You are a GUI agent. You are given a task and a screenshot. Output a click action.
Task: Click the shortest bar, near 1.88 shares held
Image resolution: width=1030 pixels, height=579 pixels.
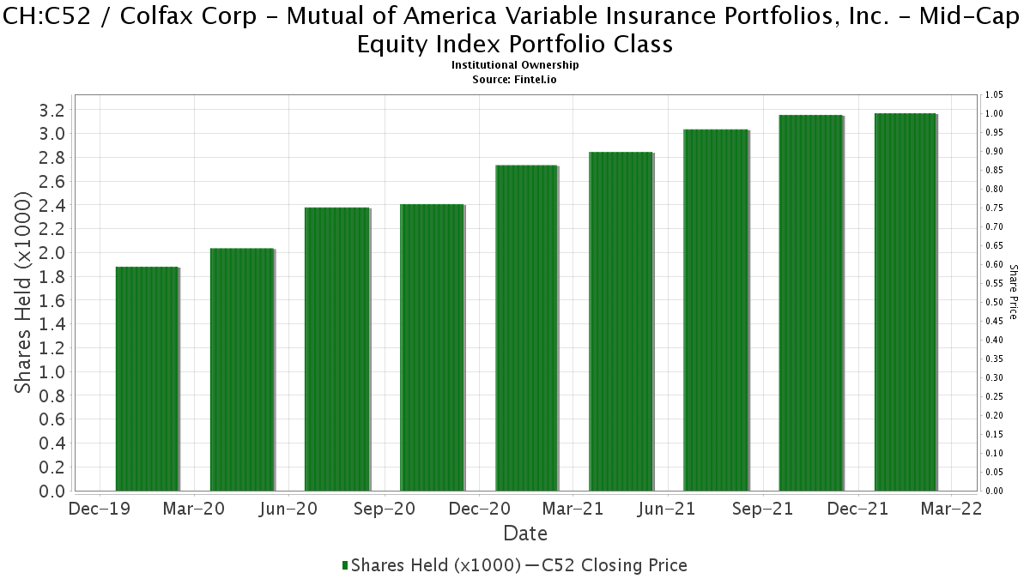point(147,379)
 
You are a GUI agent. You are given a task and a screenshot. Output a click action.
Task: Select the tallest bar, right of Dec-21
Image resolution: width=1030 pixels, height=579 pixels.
point(905,302)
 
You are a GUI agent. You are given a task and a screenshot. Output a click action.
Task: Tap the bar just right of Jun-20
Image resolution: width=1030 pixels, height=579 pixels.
point(336,349)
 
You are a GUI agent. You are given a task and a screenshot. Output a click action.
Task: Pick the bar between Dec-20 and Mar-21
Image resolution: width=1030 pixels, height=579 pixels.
point(526,328)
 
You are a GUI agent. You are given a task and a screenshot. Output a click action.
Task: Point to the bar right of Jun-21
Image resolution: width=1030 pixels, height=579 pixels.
point(716,310)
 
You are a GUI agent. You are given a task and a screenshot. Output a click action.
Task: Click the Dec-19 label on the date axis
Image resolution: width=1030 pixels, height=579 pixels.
point(99,509)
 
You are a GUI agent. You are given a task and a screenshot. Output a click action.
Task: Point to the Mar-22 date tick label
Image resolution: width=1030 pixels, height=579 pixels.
point(950,509)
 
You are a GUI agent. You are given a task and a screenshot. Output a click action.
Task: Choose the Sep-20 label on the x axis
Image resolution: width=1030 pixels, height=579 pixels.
point(383,509)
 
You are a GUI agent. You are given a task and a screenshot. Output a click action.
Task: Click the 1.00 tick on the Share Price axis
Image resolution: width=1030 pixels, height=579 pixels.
point(994,113)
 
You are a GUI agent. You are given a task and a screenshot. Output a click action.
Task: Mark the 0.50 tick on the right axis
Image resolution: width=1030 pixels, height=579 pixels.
point(994,302)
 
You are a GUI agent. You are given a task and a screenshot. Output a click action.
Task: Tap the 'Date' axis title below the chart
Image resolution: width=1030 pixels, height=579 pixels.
point(525,534)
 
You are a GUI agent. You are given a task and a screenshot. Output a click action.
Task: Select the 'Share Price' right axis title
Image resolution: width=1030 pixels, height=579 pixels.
point(1014,292)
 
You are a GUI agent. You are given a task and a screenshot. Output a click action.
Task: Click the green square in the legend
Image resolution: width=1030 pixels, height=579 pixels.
point(345,565)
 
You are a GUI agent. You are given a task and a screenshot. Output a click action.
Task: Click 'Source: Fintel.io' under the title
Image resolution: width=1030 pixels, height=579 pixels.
point(515,79)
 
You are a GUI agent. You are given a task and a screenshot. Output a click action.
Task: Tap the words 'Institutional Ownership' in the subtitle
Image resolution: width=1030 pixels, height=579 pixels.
point(515,65)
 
